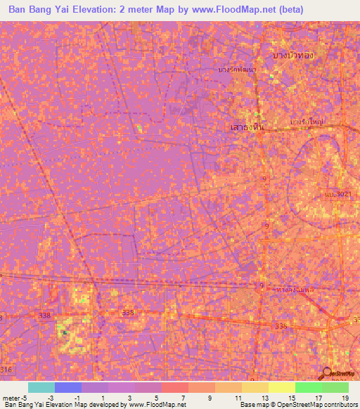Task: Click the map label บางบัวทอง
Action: tap(293, 55)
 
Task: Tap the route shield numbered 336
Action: tap(282, 326)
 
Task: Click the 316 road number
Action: tap(6, 369)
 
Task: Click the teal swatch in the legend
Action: tap(41, 387)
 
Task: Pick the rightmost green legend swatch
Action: tap(335, 387)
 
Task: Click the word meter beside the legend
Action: tap(11, 397)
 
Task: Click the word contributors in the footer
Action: tap(339, 405)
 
